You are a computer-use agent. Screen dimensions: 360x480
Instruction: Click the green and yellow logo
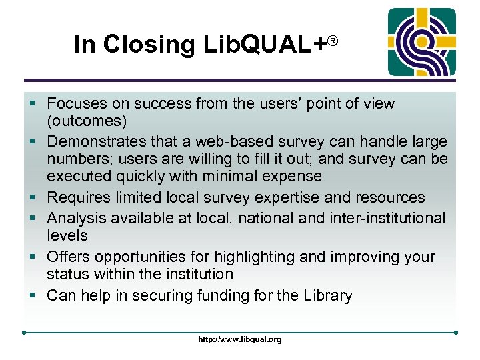422,42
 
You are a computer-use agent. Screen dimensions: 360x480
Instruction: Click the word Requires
78,197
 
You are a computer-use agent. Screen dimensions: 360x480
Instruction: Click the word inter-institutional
387,217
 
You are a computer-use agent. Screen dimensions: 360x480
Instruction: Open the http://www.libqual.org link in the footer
240,339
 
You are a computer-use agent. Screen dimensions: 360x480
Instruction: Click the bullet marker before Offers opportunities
34,257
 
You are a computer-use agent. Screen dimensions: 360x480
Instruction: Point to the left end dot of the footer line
24,331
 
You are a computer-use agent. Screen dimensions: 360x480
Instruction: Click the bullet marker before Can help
34,295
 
